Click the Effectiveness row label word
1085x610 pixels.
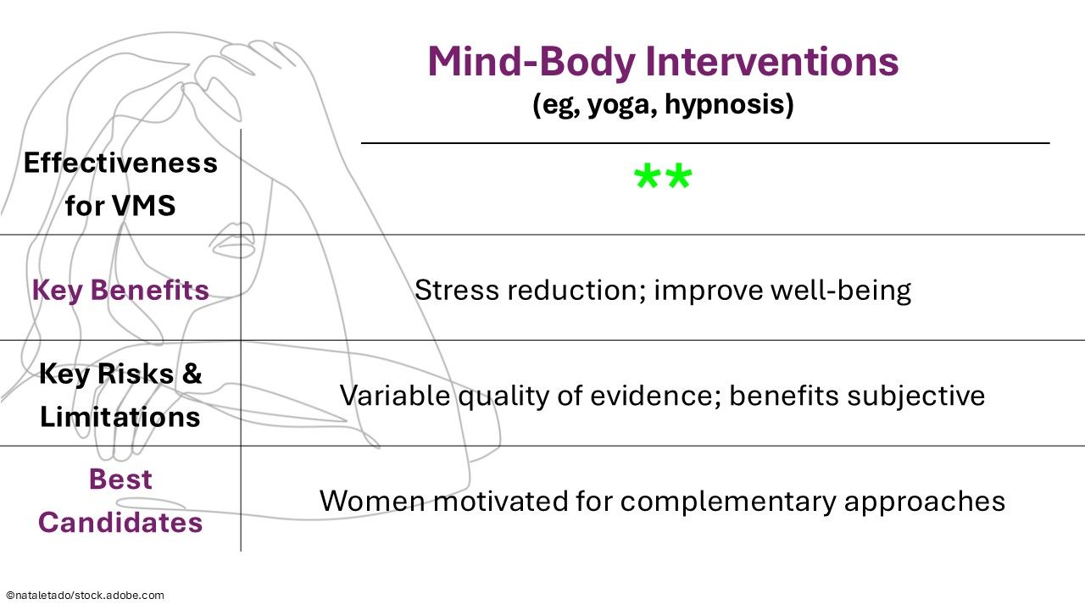click(x=120, y=162)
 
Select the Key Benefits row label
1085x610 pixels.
click(x=120, y=290)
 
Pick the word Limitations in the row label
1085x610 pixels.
click(x=120, y=417)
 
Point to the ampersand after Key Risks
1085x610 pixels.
click(x=192, y=374)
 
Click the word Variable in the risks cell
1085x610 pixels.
click(x=394, y=396)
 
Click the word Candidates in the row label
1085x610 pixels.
click(x=120, y=522)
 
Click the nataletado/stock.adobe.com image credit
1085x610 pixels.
click(x=85, y=596)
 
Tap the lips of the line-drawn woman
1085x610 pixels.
click(x=228, y=244)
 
